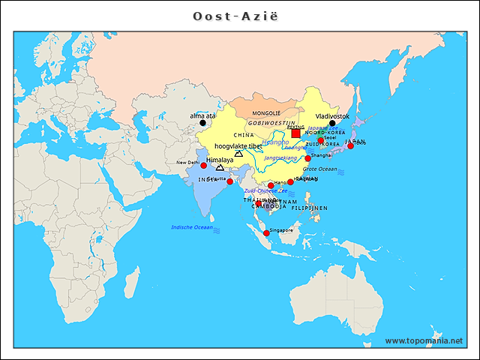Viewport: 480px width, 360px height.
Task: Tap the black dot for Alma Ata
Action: tap(202, 123)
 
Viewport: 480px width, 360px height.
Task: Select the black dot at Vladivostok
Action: tap(332, 124)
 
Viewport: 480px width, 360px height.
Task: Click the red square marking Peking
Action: tap(295, 133)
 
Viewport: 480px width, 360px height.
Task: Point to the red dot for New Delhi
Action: tap(203, 166)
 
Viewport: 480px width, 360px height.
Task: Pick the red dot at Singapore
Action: tap(266, 233)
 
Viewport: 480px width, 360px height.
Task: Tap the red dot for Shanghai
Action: tap(307, 158)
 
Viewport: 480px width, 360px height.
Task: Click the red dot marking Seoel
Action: tap(320, 140)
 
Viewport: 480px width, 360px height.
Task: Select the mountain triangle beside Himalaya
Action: tap(220, 167)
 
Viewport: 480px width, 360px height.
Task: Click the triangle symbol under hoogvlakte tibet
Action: tap(238, 154)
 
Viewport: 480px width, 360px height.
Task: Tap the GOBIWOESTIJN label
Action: tap(272, 121)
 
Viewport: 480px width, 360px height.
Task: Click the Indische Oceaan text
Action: tap(192, 226)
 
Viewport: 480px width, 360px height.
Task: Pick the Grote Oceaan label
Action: tap(319, 169)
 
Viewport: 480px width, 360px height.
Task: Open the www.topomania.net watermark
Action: tap(424, 340)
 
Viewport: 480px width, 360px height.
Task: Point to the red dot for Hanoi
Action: tap(271, 185)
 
